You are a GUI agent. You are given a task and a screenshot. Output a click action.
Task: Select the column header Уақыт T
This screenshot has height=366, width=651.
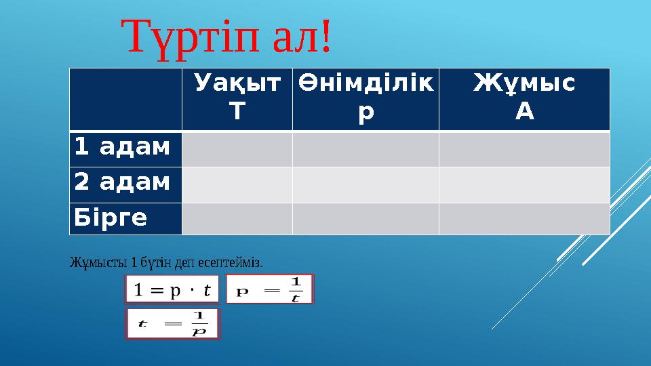(x=237, y=98)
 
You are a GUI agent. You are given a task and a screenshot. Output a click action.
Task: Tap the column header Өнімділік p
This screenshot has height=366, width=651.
(x=366, y=98)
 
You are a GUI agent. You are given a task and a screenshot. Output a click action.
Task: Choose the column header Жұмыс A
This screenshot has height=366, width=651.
(x=524, y=98)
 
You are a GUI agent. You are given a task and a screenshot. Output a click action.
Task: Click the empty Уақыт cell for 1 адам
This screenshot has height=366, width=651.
(x=237, y=148)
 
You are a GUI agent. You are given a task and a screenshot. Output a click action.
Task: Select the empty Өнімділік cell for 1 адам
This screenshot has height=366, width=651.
(x=366, y=148)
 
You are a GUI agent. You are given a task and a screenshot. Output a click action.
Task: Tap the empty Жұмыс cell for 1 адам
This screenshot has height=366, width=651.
(x=524, y=148)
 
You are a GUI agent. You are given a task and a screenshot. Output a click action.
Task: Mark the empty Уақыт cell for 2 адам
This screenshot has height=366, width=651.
(x=237, y=184)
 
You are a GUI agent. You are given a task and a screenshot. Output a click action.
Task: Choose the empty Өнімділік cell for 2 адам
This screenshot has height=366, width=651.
(x=366, y=184)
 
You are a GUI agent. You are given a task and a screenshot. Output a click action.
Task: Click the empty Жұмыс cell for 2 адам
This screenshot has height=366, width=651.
(x=524, y=184)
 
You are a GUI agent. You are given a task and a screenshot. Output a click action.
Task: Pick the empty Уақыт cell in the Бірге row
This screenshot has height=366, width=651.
(x=237, y=218)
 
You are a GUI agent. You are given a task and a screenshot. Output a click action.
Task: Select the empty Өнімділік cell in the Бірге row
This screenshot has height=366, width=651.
(x=366, y=218)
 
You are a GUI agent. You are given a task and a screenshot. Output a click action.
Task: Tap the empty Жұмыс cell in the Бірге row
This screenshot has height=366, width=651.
(x=524, y=218)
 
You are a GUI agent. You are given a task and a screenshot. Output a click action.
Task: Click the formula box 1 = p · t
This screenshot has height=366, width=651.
(x=172, y=289)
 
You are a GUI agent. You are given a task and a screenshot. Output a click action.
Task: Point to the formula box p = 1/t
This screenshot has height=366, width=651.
(x=270, y=289)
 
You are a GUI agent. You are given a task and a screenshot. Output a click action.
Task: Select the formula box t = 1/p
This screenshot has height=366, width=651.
(x=172, y=324)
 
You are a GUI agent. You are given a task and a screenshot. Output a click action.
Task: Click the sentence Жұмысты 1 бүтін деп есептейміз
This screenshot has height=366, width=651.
(x=166, y=261)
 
